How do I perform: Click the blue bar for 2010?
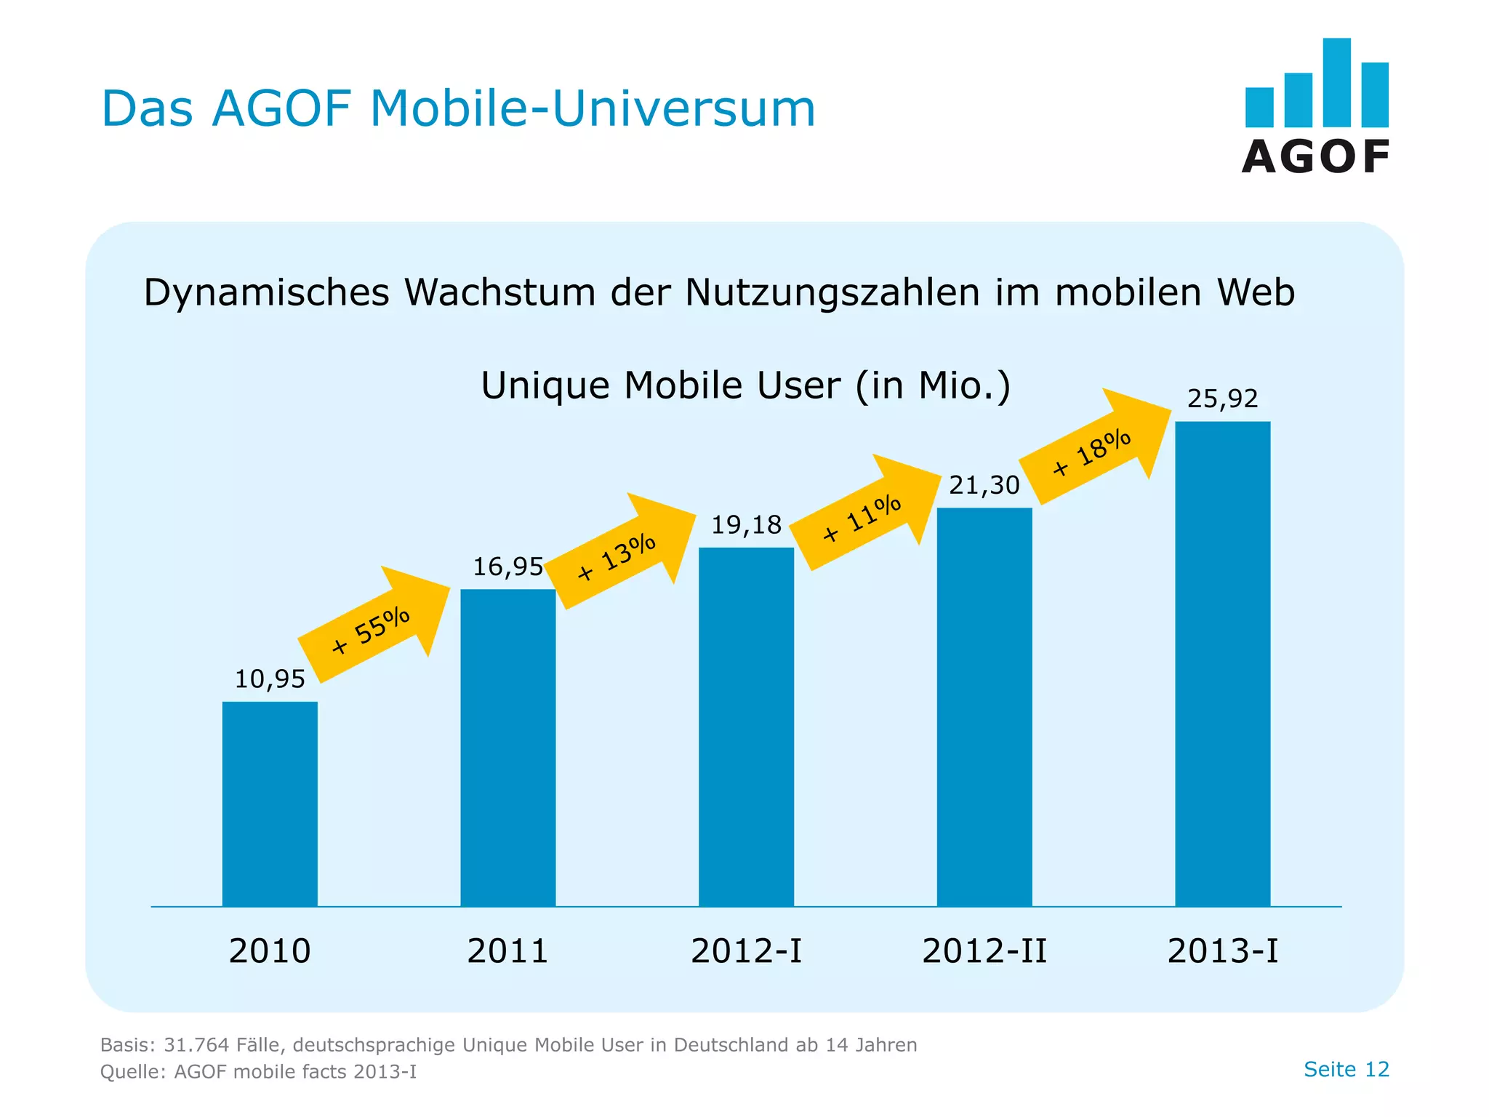point(270,804)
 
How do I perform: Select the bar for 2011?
point(507,748)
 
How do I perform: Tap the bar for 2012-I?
point(746,726)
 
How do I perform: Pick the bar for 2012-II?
point(984,707)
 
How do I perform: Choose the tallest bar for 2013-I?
point(1222,663)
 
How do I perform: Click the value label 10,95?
point(270,679)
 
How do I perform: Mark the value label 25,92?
point(1222,399)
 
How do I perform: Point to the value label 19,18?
point(746,525)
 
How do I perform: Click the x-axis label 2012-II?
point(984,951)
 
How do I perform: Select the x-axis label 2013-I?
point(1222,951)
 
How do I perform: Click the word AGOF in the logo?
point(1316,157)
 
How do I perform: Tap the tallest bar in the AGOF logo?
point(1336,82)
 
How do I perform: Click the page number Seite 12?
point(1346,1069)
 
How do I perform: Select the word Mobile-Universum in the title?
point(593,109)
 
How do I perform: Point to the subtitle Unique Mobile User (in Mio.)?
point(746,385)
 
